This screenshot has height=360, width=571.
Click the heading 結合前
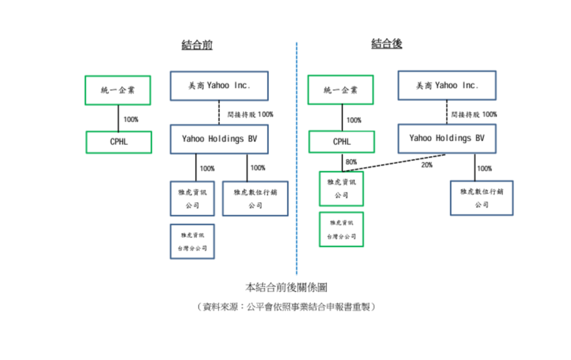tap(197, 45)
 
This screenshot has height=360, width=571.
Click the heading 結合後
tap(387, 43)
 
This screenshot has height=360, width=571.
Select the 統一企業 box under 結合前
tap(118, 90)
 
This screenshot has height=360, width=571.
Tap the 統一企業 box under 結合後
tap(341, 90)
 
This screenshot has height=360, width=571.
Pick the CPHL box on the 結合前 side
tap(119, 142)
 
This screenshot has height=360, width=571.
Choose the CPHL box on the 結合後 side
tap(341, 142)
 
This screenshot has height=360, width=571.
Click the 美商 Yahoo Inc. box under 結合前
tap(219, 86)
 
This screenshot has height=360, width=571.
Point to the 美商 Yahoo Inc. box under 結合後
tap(447, 86)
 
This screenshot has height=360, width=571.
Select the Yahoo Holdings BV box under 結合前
tap(219, 139)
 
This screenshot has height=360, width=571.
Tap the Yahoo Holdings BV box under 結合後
tap(447, 138)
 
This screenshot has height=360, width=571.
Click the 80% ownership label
tap(351, 162)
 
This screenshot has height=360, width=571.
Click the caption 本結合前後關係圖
tap(286, 286)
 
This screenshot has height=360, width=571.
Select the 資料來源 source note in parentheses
tap(286, 307)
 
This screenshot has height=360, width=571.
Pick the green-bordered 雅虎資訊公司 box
tap(341, 189)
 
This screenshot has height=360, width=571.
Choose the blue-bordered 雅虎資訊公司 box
tap(192, 199)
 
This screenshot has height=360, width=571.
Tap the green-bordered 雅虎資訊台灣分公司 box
tap(341, 229)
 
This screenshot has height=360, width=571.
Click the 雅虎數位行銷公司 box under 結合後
tap(481, 198)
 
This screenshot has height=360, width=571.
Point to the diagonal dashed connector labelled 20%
tap(400, 162)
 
